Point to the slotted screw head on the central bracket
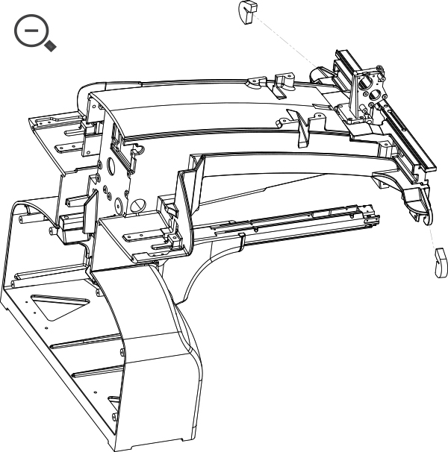click(137, 203)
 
